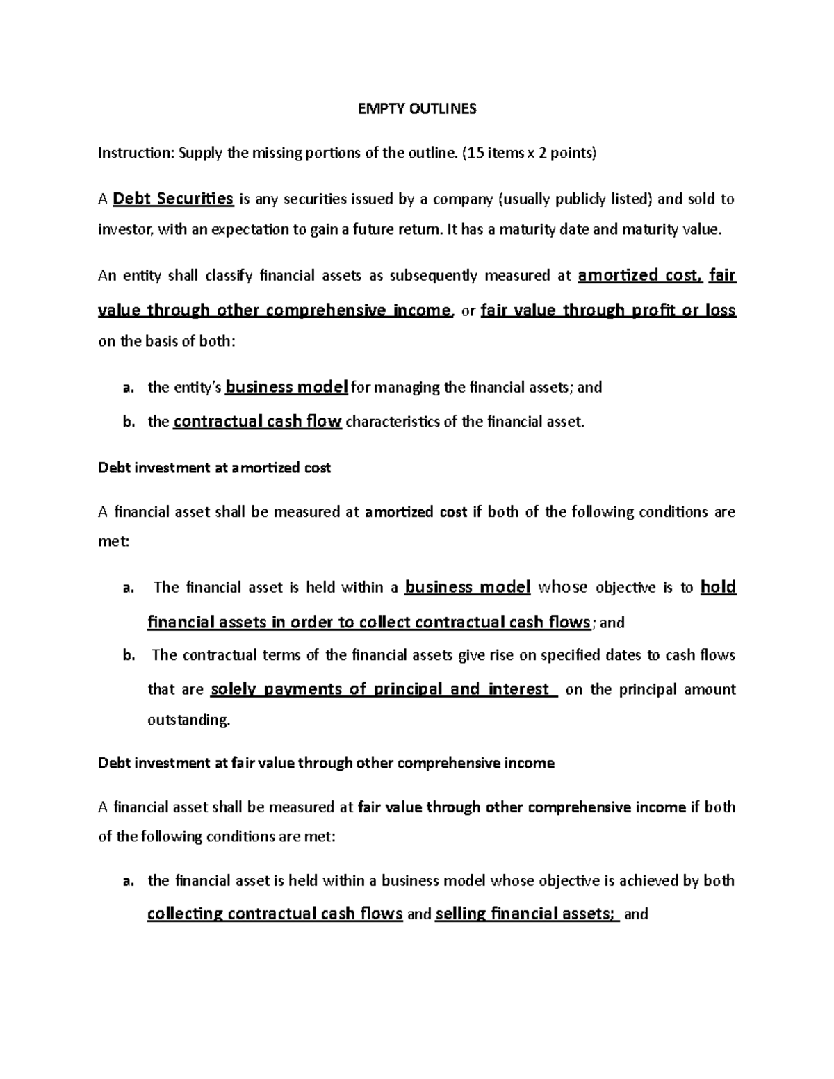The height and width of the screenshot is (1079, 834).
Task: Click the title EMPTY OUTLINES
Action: click(416, 109)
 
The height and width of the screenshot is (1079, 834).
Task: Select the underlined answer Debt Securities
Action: click(172, 199)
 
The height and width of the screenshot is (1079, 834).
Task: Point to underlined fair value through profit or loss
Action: click(607, 311)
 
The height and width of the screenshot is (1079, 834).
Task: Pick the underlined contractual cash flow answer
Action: click(257, 421)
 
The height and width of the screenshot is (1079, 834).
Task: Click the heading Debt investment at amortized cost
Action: click(215, 468)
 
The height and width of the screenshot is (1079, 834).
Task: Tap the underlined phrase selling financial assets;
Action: click(527, 914)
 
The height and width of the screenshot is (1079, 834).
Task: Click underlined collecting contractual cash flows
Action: click(275, 914)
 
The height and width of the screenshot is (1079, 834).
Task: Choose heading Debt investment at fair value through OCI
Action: click(326, 763)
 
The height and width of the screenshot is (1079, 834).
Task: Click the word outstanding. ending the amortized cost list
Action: click(188, 720)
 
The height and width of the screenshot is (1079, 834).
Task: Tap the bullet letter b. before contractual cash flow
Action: click(128, 422)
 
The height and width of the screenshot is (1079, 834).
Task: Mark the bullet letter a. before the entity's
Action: click(128, 388)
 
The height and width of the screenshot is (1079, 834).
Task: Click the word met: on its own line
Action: click(113, 541)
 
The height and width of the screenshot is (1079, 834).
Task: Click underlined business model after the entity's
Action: click(286, 387)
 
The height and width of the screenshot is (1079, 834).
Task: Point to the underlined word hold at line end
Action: click(718, 587)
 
